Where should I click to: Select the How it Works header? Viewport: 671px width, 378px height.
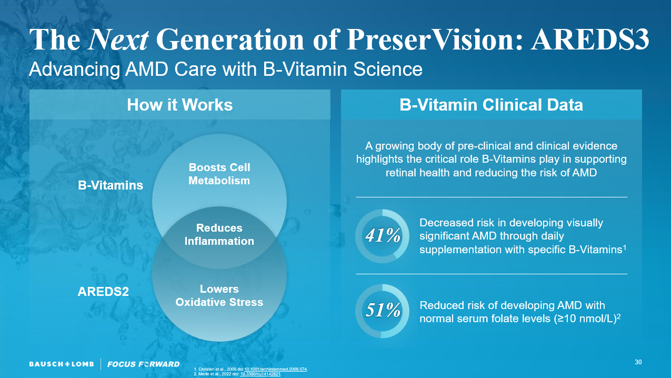[x=179, y=105]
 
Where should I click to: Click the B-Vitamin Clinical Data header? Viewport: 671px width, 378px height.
[x=491, y=105]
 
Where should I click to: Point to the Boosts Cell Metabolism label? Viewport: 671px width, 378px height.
[x=219, y=174]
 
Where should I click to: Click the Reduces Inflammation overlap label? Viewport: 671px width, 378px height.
[x=219, y=235]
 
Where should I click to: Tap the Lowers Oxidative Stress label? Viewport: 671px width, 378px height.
[x=219, y=296]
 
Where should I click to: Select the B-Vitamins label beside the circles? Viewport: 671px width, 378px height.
[x=111, y=185]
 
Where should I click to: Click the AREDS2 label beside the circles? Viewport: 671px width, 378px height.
[x=103, y=291]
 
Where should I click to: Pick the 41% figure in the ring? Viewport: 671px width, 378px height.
[x=383, y=236]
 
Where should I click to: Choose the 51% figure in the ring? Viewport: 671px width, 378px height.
[x=383, y=311]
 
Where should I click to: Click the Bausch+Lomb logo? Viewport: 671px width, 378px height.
[x=61, y=364]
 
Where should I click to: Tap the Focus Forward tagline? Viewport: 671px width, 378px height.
[x=143, y=364]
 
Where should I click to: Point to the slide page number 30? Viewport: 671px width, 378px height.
[x=638, y=362]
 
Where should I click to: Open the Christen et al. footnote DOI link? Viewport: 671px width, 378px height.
[x=276, y=369]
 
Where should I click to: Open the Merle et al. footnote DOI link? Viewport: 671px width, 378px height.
[x=261, y=374]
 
